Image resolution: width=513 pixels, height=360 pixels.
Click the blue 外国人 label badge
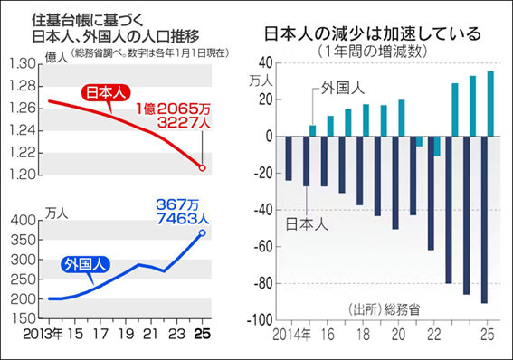83,264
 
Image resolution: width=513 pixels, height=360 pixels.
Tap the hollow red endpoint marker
203,168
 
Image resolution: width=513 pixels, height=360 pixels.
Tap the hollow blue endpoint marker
203,233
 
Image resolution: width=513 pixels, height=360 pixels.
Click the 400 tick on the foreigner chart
27,220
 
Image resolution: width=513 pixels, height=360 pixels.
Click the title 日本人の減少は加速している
372,33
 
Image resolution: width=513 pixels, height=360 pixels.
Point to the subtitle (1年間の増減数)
373,51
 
